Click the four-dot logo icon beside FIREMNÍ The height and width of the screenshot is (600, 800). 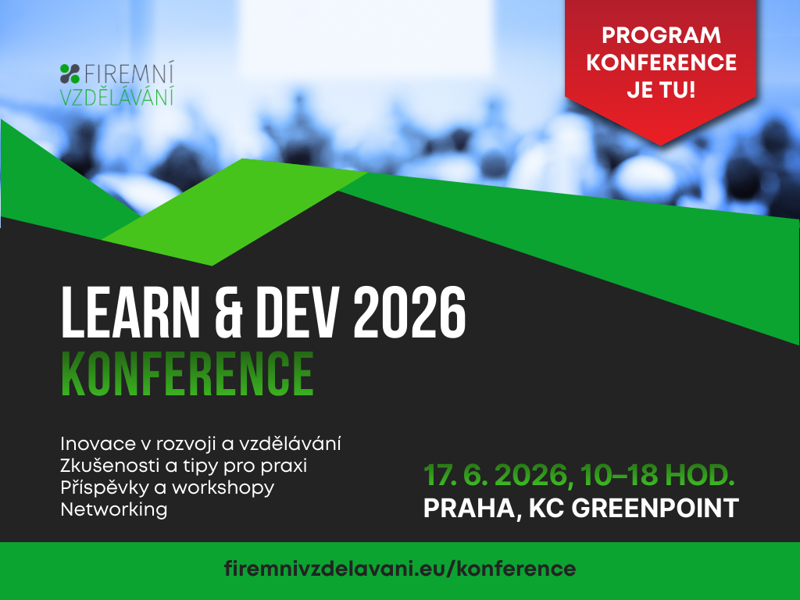70,73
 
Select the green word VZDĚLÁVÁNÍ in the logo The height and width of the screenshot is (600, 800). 117,96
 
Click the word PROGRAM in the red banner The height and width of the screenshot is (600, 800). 661,35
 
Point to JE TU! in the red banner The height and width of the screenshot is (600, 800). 661,91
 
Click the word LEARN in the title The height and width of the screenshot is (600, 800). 130,312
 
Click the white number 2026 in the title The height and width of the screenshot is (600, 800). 409,312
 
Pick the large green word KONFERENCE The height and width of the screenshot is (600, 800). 187,373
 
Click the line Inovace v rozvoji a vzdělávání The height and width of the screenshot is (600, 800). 201,444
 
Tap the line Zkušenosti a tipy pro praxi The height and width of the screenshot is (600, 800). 184,466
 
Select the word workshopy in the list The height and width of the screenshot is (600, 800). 223,488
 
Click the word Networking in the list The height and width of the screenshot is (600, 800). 114,509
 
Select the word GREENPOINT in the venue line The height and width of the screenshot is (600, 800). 655,508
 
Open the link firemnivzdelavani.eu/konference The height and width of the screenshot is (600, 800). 400,569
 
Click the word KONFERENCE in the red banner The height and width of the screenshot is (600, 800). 661,62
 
